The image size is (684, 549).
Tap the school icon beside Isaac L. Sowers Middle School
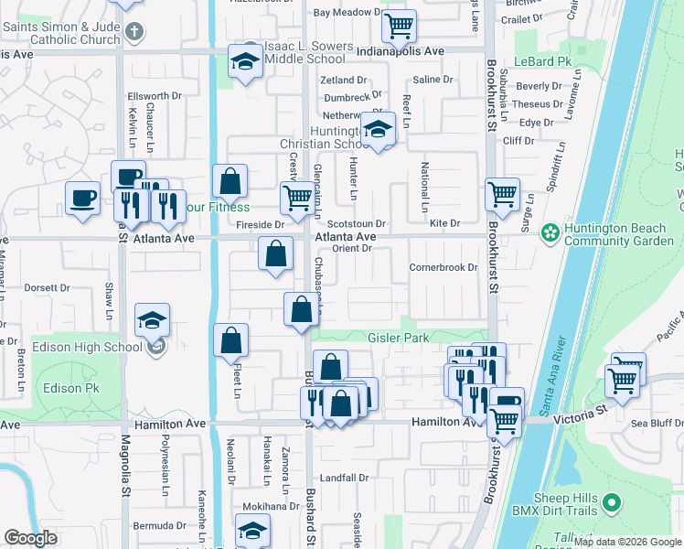(245, 61)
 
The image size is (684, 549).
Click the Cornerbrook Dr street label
(444, 267)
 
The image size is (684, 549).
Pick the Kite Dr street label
(444, 223)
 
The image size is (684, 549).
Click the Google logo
(30, 538)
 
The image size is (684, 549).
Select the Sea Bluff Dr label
(657, 424)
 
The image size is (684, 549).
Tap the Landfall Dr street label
(344, 478)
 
